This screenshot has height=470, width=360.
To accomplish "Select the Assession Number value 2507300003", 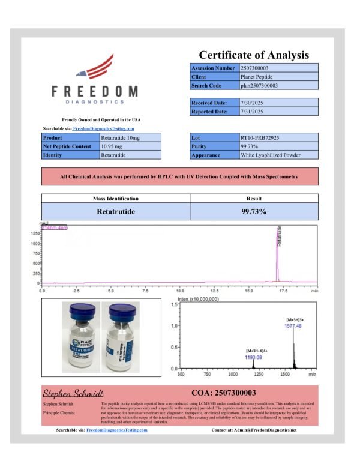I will (256, 69).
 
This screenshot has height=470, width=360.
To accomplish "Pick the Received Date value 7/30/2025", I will (252, 103).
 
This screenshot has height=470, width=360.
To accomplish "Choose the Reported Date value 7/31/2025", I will (252, 112).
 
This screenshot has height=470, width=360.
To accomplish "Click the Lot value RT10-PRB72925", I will (261, 138).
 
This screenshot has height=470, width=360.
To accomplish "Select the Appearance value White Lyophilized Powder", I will (270, 155).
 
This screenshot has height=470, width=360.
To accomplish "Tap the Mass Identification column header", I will (115, 198).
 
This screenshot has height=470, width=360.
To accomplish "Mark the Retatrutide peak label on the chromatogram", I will (280, 237).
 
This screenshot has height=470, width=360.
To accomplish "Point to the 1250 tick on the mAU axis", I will (35, 233).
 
